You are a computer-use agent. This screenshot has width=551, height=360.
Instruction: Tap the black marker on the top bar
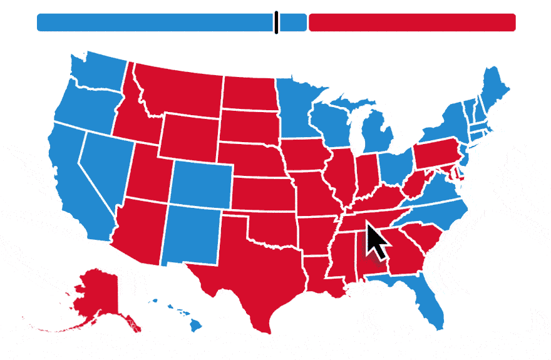pyautogui.click(x=275, y=22)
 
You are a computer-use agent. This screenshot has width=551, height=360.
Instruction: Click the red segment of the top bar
pyautogui.click(x=412, y=22)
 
